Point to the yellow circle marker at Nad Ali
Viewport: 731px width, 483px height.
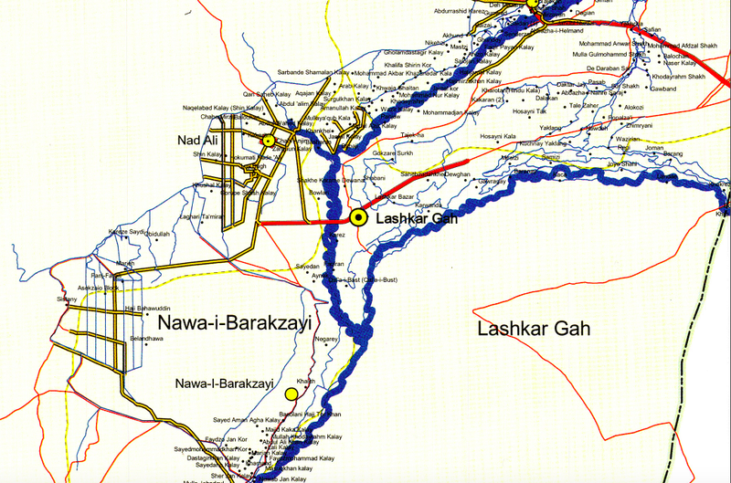tap(268, 142)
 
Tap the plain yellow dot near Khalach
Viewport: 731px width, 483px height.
tap(291, 394)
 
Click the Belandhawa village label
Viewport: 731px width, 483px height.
tap(149, 339)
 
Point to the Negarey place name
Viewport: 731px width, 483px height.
tap(326, 339)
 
